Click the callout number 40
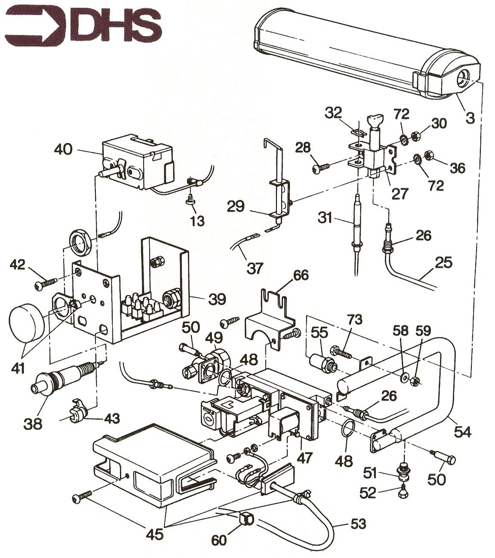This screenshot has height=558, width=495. (x=64, y=150)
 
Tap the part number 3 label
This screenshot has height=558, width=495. (x=470, y=117)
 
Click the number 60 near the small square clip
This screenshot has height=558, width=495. (x=219, y=540)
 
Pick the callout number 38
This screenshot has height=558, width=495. (x=33, y=423)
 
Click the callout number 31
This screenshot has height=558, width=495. (x=326, y=218)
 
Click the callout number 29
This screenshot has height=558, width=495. (x=236, y=207)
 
